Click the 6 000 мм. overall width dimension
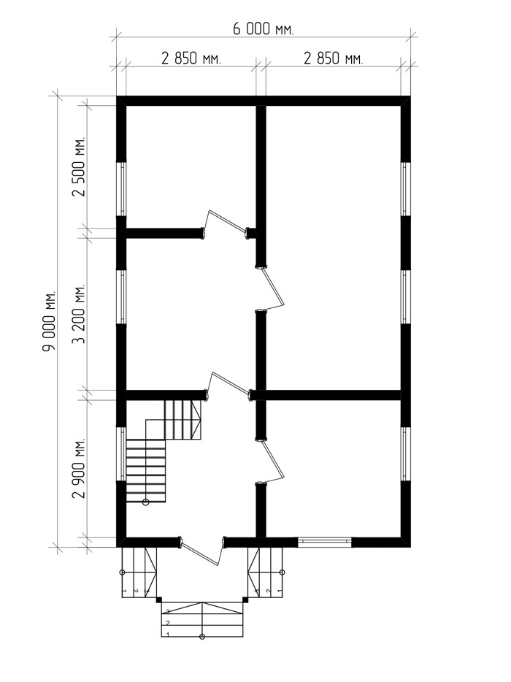[263, 30]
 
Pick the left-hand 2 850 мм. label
[191, 58]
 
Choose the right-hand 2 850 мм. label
[333, 58]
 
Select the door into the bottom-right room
[274, 461]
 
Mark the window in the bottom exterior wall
[325, 542]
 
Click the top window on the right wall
[405, 189]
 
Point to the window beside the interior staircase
[122, 454]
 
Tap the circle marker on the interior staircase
[146, 502]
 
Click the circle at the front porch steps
[201, 637]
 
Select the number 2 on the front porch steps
[167, 624]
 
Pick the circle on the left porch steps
[122, 572]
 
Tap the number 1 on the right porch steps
[279, 591]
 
